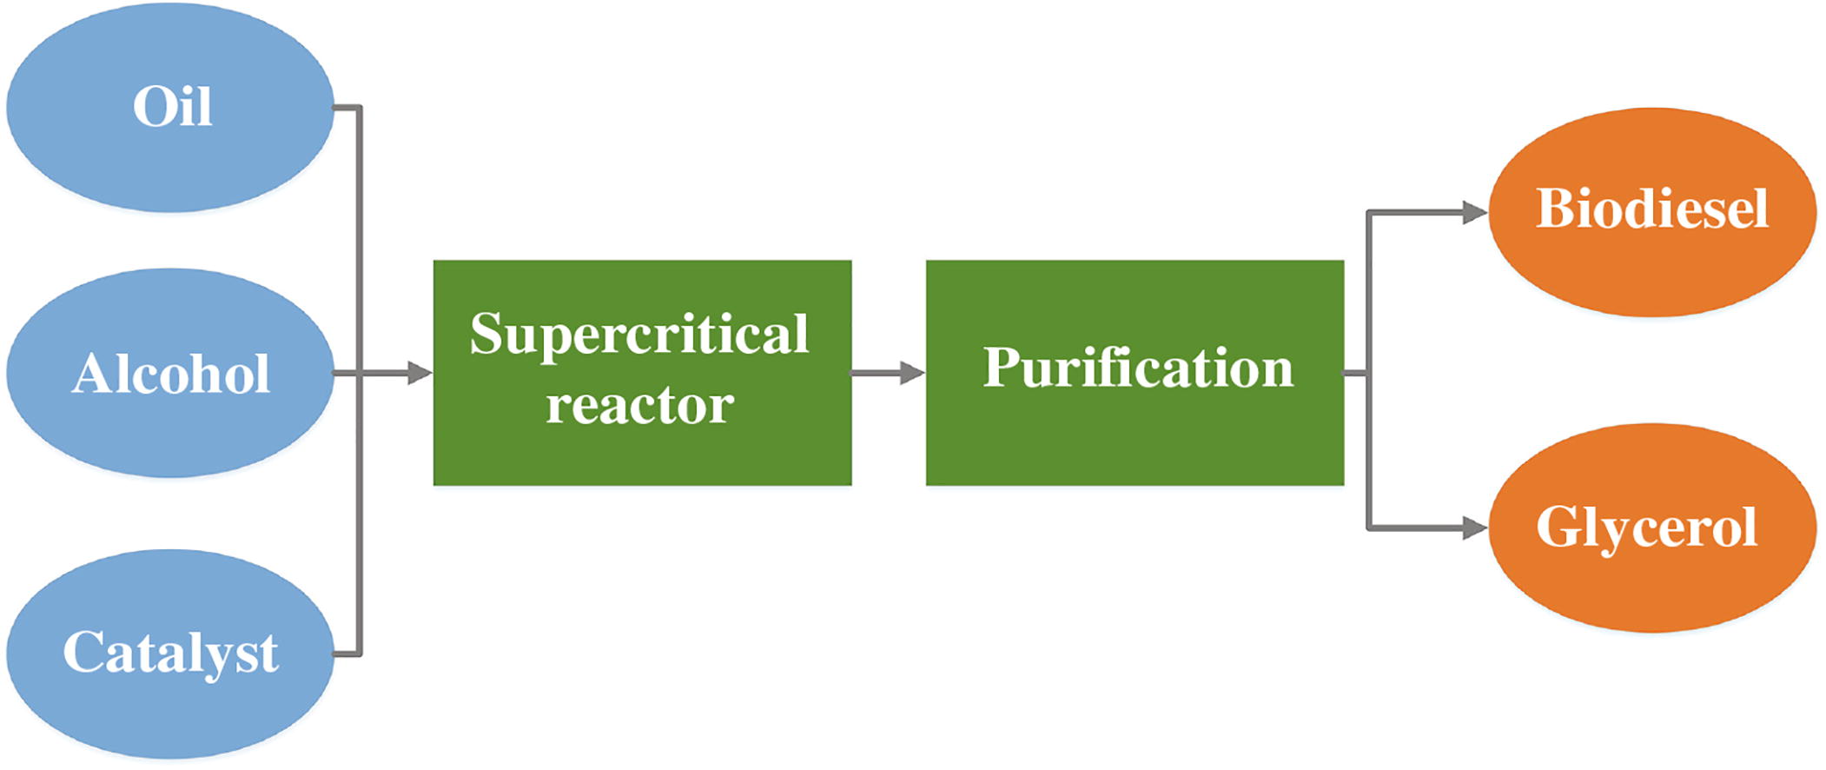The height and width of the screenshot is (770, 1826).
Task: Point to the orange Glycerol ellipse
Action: (x=1652, y=582)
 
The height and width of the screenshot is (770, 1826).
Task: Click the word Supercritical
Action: (x=639, y=335)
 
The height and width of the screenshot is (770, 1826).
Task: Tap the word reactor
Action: (x=639, y=405)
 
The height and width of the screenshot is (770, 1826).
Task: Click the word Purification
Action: (x=1138, y=368)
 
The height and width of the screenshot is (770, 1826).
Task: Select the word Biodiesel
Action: (x=1652, y=209)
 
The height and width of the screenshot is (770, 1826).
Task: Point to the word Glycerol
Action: (x=1647, y=527)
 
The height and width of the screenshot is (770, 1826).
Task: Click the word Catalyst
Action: (x=170, y=653)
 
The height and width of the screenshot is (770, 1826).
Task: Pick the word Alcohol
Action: (x=170, y=375)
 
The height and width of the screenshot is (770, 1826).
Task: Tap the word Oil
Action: (x=172, y=107)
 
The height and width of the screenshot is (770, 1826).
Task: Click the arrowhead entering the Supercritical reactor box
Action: (x=420, y=374)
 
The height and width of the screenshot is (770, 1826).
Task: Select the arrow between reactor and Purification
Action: (x=888, y=374)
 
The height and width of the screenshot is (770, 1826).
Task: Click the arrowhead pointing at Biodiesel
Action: (x=1474, y=212)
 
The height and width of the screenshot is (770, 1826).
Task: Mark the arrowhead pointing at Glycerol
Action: (x=1474, y=528)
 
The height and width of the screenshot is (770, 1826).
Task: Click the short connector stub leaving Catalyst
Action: (x=347, y=654)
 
